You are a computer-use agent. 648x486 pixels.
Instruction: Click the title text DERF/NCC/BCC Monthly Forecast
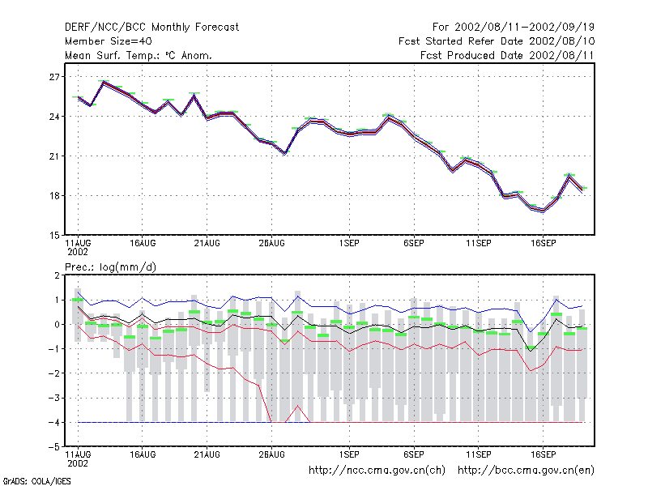(151, 28)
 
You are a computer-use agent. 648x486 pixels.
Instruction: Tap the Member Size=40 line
(109, 41)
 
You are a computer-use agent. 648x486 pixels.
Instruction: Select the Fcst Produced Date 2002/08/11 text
(507, 55)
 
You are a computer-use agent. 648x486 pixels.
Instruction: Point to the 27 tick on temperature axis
(54, 77)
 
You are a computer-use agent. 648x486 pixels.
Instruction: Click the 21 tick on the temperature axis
(54, 156)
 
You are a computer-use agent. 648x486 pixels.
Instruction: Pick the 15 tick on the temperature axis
(54, 236)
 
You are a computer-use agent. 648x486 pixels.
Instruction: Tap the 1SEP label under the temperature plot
(349, 244)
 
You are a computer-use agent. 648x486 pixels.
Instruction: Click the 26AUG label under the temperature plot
(271, 244)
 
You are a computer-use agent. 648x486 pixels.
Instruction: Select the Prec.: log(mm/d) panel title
(110, 267)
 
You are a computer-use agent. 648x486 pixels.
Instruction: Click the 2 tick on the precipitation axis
(57, 275)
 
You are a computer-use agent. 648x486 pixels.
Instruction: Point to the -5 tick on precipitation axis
(54, 447)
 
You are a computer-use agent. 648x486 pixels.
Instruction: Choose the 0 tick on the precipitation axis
(57, 325)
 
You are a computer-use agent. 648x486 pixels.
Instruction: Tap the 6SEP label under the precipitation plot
(414, 454)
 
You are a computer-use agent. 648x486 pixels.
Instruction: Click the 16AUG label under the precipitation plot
(143, 454)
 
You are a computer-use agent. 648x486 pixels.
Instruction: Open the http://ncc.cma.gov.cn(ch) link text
(377, 471)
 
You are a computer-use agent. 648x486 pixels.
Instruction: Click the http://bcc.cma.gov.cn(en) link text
(526, 471)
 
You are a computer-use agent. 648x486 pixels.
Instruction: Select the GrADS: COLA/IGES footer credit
(36, 481)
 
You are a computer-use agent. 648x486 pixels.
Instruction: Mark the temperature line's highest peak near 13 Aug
(104, 82)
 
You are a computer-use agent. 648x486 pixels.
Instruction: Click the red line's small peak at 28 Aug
(297, 406)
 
